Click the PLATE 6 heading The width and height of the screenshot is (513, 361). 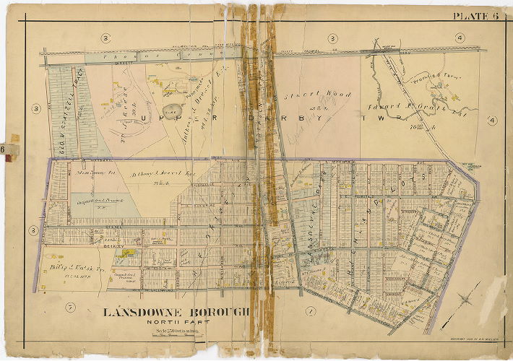coord(476,16)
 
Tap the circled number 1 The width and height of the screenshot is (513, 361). coord(311,311)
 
